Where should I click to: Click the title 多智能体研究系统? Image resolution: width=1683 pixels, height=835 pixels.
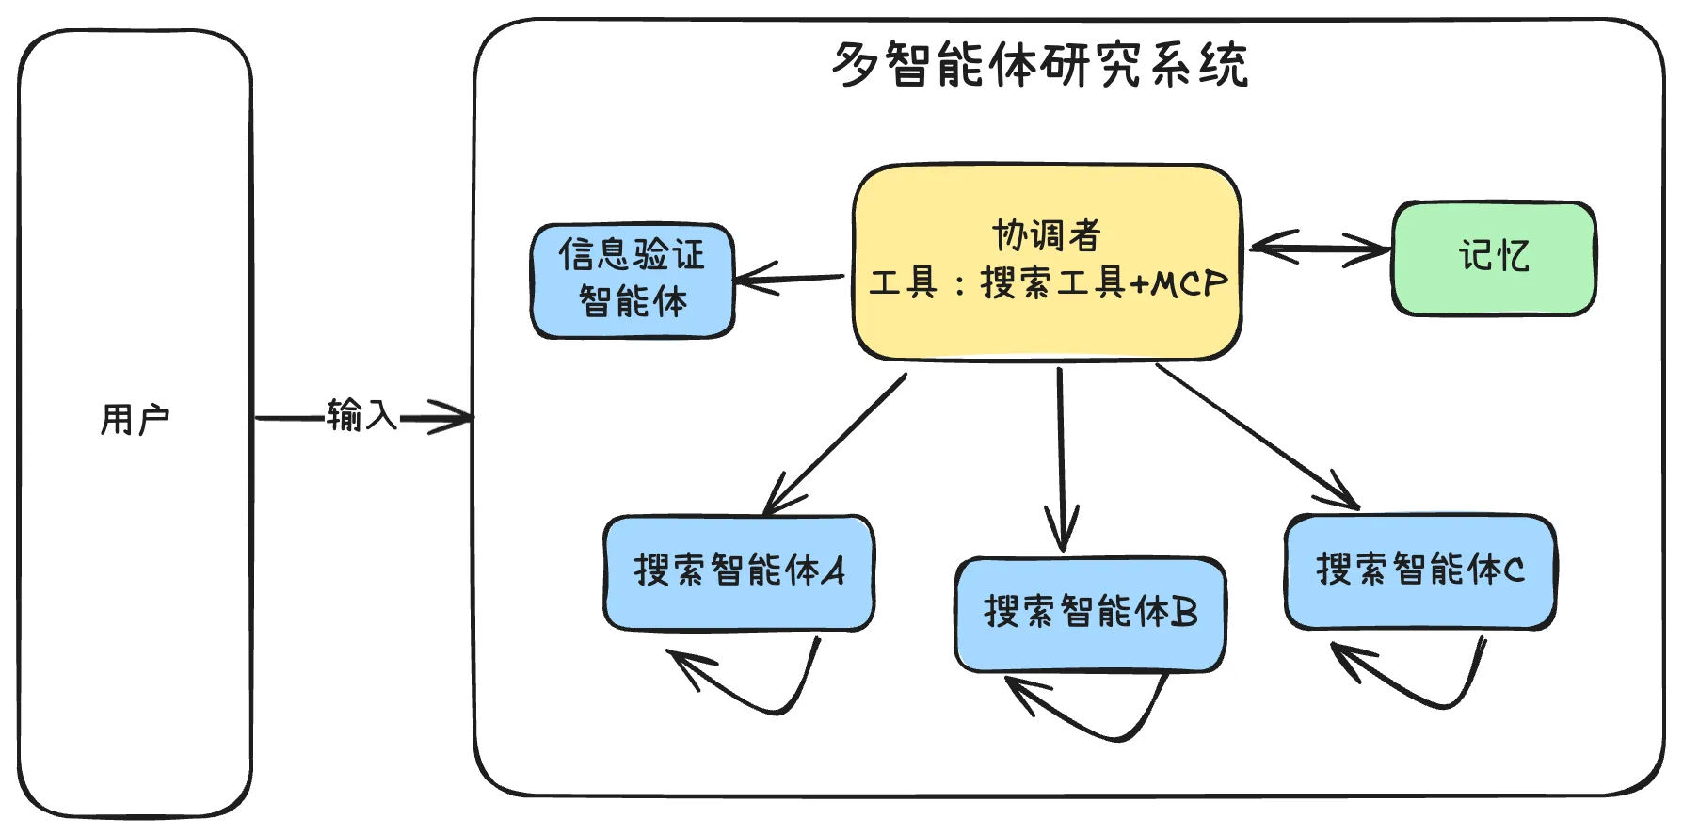(x=1039, y=64)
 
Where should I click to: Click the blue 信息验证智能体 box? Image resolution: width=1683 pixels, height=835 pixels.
(x=633, y=279)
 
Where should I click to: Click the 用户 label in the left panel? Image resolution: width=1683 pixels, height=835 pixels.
(x=135, y=419)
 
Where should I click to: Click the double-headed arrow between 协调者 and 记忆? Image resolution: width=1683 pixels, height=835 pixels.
(x=1318, y=249)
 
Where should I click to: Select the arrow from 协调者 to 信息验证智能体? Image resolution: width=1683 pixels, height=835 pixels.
(x=791, y=279)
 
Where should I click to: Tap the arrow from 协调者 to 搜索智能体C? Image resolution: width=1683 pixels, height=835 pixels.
(x=1257, y=435)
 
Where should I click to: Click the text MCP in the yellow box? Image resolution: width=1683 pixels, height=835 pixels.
(x=1190, y=283)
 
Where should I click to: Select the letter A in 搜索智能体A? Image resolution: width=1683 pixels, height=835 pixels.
(x=833, y=570)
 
